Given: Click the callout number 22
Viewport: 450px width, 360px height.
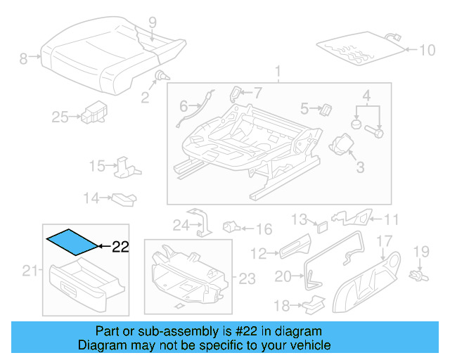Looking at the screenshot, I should click(x=121, y=246).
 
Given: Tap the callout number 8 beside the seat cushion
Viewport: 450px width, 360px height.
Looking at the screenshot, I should click(x=23, y=58).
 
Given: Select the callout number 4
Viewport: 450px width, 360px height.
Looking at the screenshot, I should click(x=366, y=95).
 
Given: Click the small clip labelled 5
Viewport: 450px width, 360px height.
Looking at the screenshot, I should click(x=326, y=109).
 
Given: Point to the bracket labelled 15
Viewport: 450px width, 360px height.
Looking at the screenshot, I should click(x=125, y=166).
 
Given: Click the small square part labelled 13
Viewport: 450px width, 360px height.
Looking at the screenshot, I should click(x=321, y=226).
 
